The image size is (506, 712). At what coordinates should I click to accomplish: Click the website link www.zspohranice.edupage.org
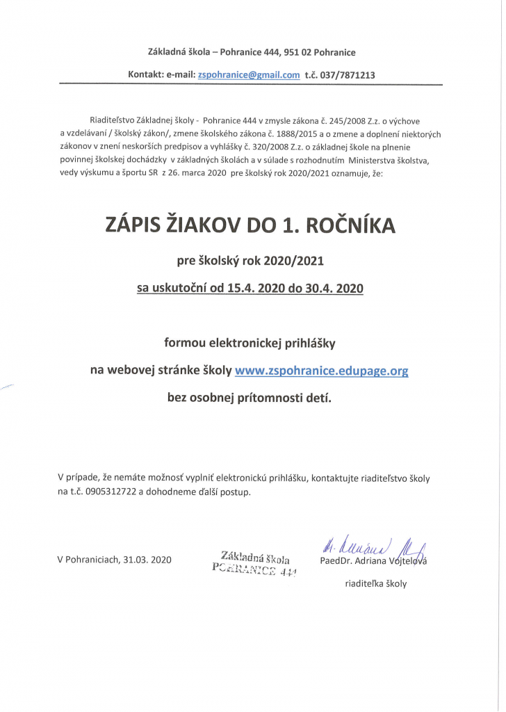321,371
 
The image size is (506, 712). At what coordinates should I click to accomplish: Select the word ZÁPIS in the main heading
136,225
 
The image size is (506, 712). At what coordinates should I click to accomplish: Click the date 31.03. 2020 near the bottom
147,559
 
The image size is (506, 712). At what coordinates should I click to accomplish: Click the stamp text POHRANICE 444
254,572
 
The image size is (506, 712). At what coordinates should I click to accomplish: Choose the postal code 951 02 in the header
298,52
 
